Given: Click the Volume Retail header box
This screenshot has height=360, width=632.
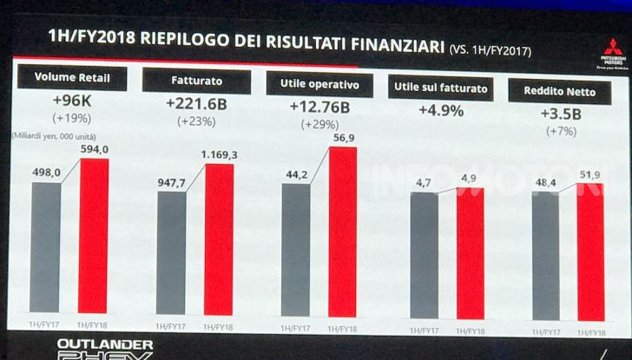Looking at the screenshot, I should (67, 77).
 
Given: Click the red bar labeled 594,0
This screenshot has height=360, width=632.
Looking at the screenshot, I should (94, 234).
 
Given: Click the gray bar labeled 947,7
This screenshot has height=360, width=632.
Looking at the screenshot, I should (171, 252).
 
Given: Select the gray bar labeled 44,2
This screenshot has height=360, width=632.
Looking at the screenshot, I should (296, 252).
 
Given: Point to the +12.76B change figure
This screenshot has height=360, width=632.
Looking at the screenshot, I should (319, 108).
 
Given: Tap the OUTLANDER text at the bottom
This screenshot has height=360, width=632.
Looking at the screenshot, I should (93, 344).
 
